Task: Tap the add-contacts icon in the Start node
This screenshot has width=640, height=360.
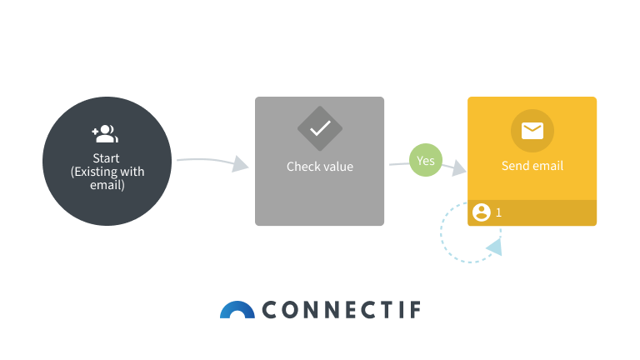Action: click(106, 132)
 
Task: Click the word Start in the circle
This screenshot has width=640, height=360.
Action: click(106, 158)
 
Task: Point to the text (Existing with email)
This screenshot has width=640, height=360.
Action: click(107, 178)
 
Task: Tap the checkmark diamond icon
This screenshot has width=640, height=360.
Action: click(320, 128)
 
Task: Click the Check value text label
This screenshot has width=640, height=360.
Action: click(320, 167)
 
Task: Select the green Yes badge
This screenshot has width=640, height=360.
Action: click(426, 161)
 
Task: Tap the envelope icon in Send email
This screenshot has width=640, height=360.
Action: click(532, 131)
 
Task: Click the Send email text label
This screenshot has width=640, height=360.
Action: click(532, 166)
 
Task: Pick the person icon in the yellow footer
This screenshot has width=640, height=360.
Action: click(481, 212)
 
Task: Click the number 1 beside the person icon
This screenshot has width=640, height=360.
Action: click(498, 212)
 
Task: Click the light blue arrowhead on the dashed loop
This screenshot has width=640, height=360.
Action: click(494, 247)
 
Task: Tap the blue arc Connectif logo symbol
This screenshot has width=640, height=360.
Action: click(237, 310)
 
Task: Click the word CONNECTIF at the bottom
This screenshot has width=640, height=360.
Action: click(342, 311)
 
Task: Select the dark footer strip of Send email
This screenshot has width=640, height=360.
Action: click(550, 213)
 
